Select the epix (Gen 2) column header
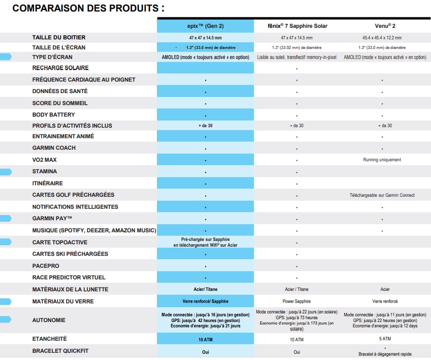(205, 26)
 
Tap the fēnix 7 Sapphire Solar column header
(298, 26)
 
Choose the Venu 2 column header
(385, 26)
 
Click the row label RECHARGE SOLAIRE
(60, 68)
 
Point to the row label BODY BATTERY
(54, 115)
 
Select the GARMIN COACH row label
(54, 148)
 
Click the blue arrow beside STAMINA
(6, 172)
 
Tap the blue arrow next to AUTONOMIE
(6, 319)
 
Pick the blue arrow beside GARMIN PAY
(6, 218)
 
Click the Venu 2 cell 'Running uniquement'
(382, 160)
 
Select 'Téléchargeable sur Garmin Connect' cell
(382, 195)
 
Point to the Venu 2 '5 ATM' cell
(385, 339)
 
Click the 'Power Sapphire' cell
(297, 301)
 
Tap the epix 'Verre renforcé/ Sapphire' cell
(205, 301)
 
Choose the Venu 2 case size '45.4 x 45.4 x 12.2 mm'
(382, 38)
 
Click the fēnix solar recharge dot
(297, 69)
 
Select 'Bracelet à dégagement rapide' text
(385, 354)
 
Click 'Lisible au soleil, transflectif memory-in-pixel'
(297, 58)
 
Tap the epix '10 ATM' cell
(205, 340)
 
